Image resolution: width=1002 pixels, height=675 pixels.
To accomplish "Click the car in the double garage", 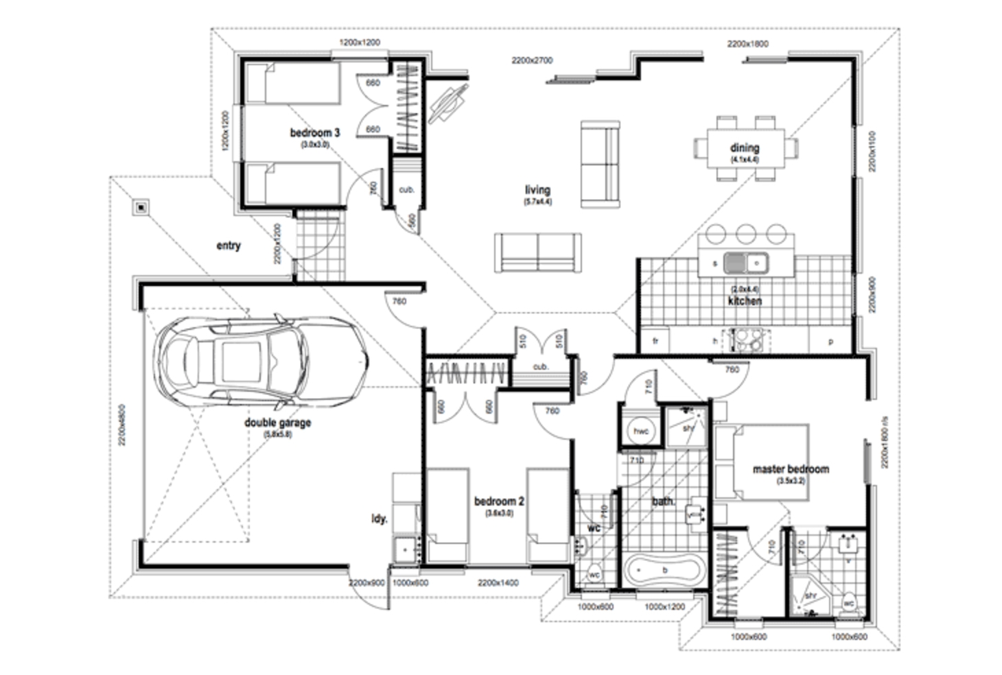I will click(261, 359).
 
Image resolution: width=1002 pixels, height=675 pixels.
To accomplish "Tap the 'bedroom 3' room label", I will click(314, 132).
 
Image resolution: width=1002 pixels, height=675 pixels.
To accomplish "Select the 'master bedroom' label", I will click(791, 469).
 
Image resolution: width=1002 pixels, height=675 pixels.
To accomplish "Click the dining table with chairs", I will click(745, 148).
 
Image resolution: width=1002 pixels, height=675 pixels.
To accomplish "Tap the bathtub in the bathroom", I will click(664, 569).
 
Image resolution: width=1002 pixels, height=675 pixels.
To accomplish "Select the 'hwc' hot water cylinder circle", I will click(640, 431).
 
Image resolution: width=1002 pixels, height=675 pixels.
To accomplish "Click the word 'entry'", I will click(229, 246).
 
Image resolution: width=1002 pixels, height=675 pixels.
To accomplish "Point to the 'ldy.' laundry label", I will click(379, 519).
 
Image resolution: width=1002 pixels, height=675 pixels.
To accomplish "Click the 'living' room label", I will click(537, 190).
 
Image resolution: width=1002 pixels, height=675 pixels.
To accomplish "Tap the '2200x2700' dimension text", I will click(531, 60).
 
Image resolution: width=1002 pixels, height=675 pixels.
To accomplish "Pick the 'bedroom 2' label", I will click(499, 501).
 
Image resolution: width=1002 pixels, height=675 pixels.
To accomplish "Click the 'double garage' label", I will click(277, 423).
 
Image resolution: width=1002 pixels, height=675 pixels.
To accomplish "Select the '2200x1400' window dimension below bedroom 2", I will click(498, 583).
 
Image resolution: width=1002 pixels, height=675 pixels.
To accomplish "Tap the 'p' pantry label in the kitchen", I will click(830, 341).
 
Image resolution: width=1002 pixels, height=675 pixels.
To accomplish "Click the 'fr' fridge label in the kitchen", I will click(655, 341).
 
